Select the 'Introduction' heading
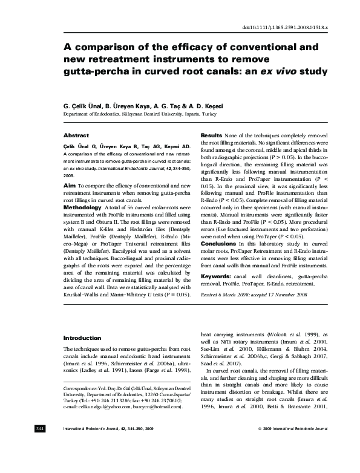click(x=82, y=338)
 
